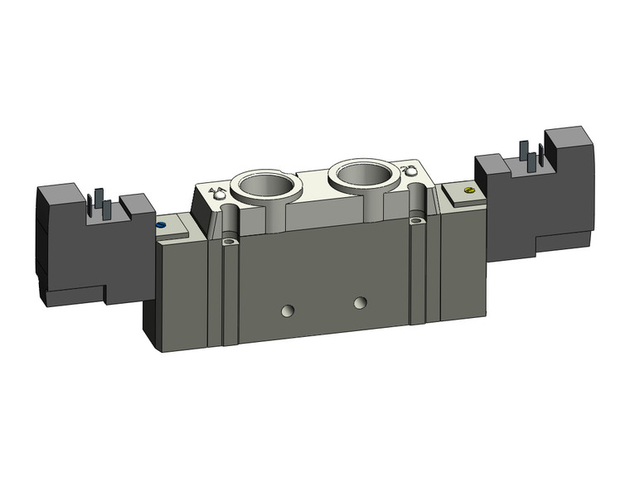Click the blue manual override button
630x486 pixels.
pyautogui.click(x=160, y=224)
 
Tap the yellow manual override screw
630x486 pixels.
pyautogui.click(x=470, y=190)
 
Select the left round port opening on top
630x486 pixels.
pyautogui.click(x=263, y=184)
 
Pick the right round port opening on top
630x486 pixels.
pyautogui.click(x=361, y=175)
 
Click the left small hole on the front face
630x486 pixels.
pyautogui.click(x=288, y=310)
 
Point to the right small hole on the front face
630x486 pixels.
pyautogui.click(x=359, y=301)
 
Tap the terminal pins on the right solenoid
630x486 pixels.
pyautogui.click(x=529, y=157)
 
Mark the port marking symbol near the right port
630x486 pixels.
pyautogui.click(x=406, y=171)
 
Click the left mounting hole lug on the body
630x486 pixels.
pyautogui.click(x=229, y=242)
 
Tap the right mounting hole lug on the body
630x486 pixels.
pyautogui.click(x=417, y=221)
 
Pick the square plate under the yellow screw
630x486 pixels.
pyautogui.click(x=458, y=194)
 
